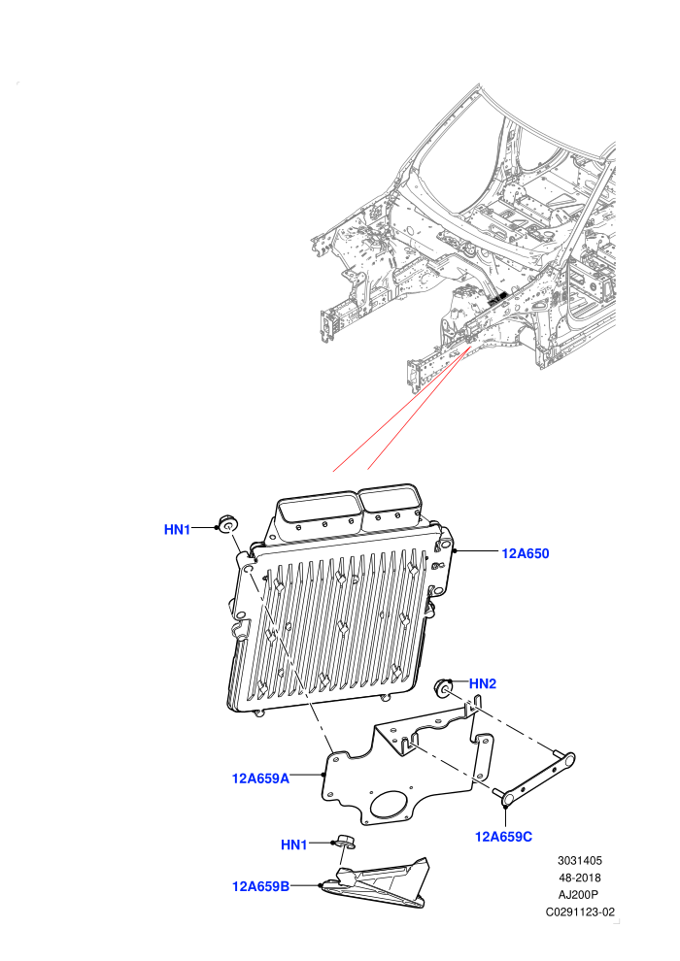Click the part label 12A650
point(525,553)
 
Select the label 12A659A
point(260,779)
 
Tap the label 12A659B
point(260,886)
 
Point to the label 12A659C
point(503,837)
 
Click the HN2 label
point(483,684)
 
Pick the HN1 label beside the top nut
point(177,530)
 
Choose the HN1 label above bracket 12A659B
point(293,845)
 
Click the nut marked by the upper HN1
point(228,524)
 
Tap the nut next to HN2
point(443,687)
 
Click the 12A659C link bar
point(533,778)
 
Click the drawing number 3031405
point(579,860)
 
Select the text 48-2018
point(579,878)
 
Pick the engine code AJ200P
point(579,895)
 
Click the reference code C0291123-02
point(580,911)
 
